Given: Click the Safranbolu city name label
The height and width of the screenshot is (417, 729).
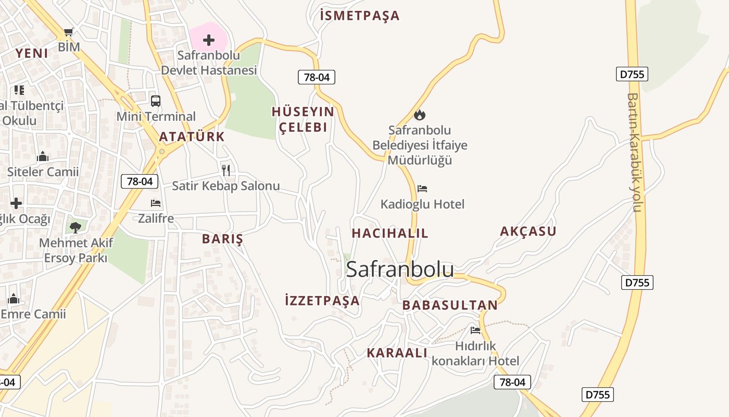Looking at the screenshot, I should click(x=400, y=269).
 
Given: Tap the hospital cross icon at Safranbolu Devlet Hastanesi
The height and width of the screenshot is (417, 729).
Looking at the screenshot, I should click(x=209, y=40).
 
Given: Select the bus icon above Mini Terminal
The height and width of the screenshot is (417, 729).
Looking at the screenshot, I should click(x=155, y=101).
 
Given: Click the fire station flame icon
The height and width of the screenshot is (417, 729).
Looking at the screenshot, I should click(x=420, y=114).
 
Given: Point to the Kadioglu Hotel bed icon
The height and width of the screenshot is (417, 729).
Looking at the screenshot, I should click(x=422, y=188).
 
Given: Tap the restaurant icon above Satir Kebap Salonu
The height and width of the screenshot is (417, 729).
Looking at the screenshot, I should click(x=226, y=170).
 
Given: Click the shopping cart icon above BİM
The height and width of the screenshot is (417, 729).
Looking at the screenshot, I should click(x=68, y=32).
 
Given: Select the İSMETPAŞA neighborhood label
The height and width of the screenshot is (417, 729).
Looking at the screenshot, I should click(x=360, y=16).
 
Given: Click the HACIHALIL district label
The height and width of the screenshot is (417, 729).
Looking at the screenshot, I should click(x=390, y=233).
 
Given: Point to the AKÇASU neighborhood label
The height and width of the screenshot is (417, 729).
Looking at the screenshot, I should click(x=528, y=231).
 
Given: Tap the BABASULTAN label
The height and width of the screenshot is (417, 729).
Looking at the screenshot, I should click(x=450, y=305).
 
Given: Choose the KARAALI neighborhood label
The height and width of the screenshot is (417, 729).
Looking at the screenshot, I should click(x=397, y=353).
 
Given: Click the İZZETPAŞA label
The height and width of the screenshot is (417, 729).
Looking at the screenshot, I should click(x=322, y=300).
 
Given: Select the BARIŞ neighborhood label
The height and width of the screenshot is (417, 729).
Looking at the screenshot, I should click(x=222, y=239).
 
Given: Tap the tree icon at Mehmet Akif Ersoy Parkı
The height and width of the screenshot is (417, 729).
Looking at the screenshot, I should click(x=76, y=227).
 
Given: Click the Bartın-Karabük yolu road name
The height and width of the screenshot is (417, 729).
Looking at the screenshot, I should click(x=633, y=152).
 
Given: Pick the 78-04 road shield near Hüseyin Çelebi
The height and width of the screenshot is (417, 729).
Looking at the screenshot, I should click(x=317, y=78).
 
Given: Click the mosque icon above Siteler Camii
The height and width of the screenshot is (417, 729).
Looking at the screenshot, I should click(x=43, y=156).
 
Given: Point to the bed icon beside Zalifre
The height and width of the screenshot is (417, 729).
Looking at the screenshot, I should click(x=155, y=203).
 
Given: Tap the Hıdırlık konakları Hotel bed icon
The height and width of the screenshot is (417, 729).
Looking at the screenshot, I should click(x=475, y=330).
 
